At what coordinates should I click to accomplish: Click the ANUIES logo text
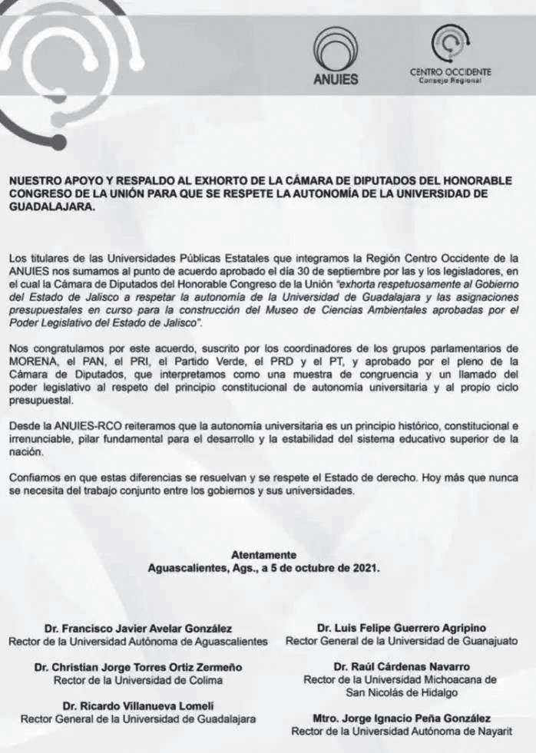tap(336, 78)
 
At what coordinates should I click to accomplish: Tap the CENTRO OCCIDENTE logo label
tap(451, 72)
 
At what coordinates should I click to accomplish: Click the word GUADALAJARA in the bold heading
tap(52, 206)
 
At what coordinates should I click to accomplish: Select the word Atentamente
tap(263, 555)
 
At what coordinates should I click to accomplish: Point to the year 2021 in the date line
tap(365, 569)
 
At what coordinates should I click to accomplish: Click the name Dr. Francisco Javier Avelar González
tap(138, 629)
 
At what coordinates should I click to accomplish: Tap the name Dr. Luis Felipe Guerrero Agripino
tap(401, 629)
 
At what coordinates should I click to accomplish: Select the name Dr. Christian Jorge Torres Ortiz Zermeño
tap(138, 667)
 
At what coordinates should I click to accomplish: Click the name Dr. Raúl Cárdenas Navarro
tap(402, 667)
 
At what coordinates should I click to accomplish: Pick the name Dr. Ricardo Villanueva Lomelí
tap(138, 705)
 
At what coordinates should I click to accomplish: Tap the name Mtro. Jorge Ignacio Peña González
tap(402, 718)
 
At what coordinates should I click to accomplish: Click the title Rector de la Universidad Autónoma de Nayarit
tap(402, 732)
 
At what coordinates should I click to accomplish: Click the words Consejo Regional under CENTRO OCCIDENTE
tap(451, 81)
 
